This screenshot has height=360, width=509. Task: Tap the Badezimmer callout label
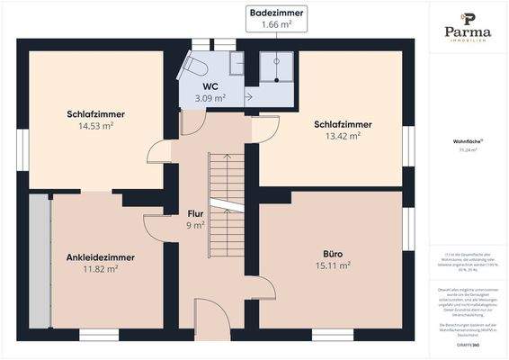[278, 13]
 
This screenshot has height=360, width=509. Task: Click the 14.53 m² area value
[95, 127]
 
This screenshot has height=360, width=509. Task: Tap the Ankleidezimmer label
[101, 256]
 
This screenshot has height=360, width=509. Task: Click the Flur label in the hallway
[195, 213]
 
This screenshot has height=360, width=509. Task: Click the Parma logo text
[467, 31]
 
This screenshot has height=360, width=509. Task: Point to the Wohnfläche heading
[467, 141]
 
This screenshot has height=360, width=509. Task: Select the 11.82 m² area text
[101, 268]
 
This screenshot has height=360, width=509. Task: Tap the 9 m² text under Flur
[195, 225]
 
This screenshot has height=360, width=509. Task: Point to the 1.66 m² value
[278, 24]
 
